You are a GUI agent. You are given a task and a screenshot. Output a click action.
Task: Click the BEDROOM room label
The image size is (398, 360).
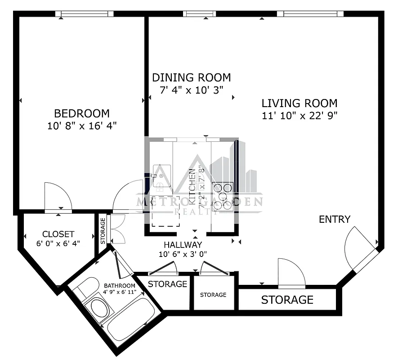tap(82, 113)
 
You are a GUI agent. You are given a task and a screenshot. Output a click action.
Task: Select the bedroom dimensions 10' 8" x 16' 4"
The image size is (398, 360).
tap(82, 126)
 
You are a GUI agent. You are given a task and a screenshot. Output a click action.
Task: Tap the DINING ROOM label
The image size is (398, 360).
tap(191, 77)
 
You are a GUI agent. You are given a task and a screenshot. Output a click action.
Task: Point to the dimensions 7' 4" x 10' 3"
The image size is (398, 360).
tap(192, 90)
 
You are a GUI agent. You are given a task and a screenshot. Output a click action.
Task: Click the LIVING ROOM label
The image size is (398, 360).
tap(300, 103)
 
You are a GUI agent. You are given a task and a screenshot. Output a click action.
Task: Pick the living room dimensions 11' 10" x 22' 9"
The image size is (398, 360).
tap(300, 115)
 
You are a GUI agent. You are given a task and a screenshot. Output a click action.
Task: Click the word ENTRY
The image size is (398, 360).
tap(334, 219)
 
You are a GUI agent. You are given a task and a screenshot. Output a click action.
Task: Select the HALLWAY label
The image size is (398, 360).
tap(183, 245)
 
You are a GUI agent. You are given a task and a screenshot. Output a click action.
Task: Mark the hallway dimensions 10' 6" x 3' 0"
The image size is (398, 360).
tap(183, 254)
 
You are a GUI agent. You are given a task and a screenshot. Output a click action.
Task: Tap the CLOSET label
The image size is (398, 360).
tap(58, 234)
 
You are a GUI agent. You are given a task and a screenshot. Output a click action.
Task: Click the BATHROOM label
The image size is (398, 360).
tap(120, 286)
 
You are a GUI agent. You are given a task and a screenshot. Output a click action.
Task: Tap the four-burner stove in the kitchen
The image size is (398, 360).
tap(223, 196)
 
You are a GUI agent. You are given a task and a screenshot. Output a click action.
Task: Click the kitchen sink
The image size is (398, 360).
tap(161, 176)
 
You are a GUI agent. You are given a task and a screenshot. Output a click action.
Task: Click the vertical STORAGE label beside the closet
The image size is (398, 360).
tap(103, 231)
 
